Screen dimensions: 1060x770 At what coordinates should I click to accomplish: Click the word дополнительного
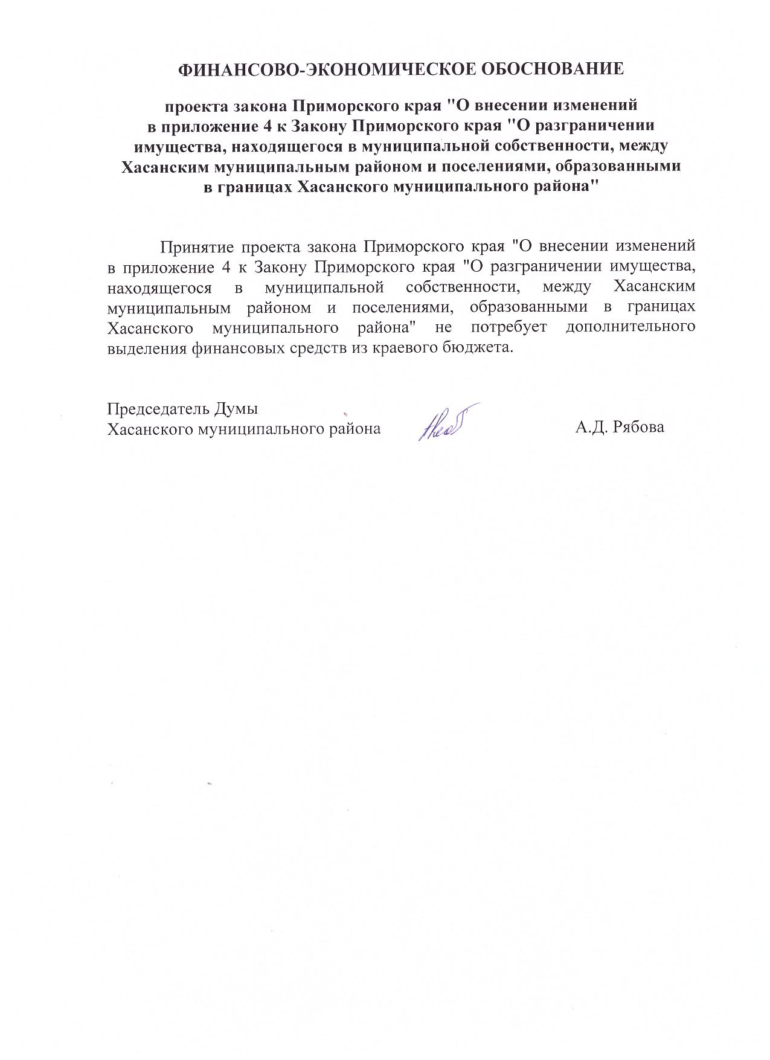pyautogui.click(x=630, y=327)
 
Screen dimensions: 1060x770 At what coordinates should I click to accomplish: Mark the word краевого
pyautogui.click(x=403, y=349)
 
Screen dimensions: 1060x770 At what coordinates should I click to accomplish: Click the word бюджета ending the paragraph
pyautogui.click(x=478, y=349)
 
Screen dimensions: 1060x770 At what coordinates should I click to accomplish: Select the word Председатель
pyautogui.click(x=156, y=409)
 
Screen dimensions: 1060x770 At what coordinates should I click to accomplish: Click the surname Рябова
pyautogui.click(x=638, y=428)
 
